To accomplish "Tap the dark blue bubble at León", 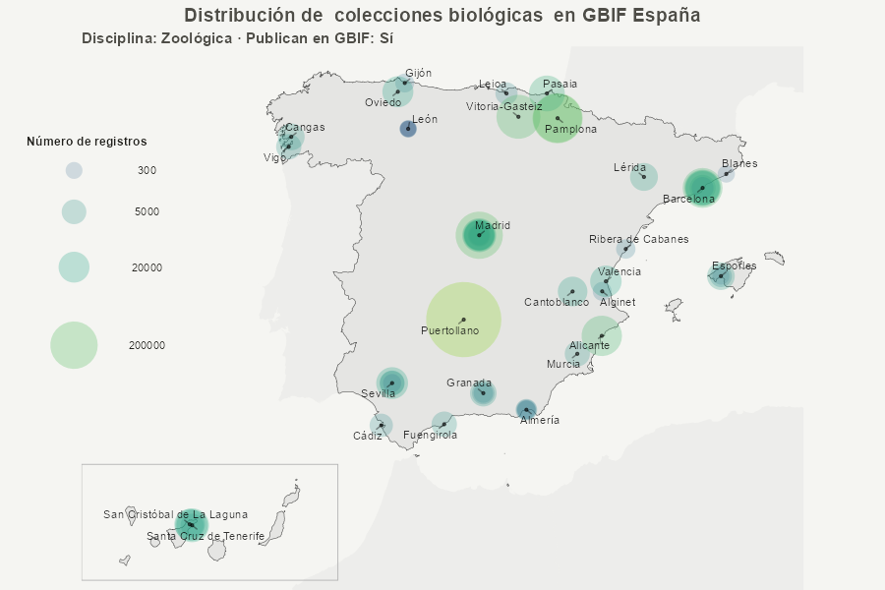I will tap(408, 129).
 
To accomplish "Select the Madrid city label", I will tap(493, 225).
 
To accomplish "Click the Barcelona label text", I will tap(688, 199).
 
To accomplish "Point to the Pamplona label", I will tap(570, 129).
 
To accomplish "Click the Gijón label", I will tap(418, 73).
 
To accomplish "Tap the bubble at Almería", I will tap(526, 409).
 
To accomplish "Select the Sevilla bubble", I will tap(391, 383).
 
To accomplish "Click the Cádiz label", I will tap(368, 436).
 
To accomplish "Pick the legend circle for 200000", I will tap(74, 345).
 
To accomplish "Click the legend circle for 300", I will tap(74, 170).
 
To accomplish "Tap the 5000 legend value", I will tap(147, 211).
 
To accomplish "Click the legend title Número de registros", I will tap(87, 142).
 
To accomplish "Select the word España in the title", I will tap(668, 16).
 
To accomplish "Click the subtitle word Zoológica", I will tap(194, 38).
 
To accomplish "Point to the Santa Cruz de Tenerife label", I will tap(206, 536).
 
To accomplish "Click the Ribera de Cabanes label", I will tap(638, 239).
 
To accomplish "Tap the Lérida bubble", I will tap(644, 178).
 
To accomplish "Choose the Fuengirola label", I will tap(430, 435).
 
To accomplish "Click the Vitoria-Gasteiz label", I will tap(503, 106).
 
